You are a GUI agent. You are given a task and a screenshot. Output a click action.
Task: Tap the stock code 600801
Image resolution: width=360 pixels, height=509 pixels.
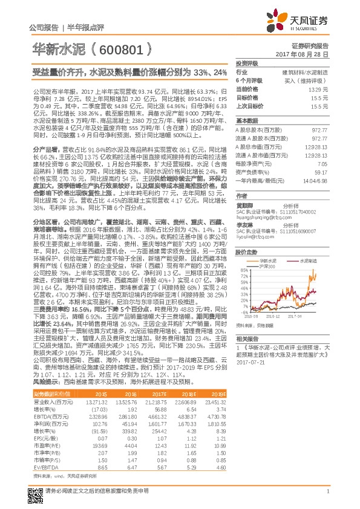120,48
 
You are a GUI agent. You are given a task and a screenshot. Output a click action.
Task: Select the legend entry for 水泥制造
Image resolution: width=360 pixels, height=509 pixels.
310,261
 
